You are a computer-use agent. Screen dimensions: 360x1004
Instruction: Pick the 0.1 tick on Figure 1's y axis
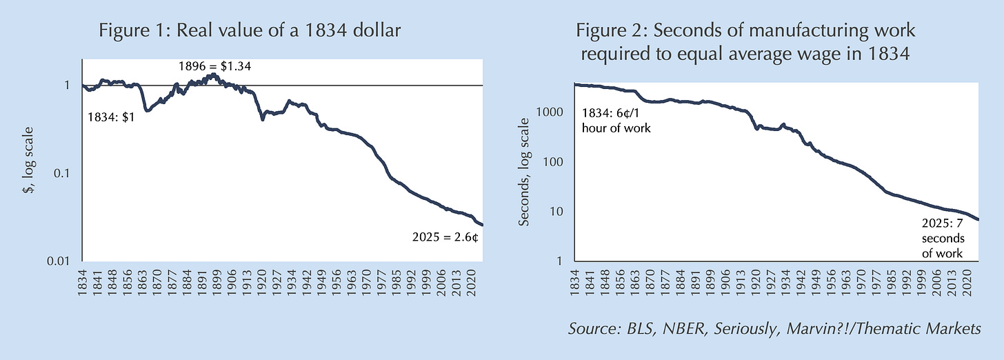click(68, 173)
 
